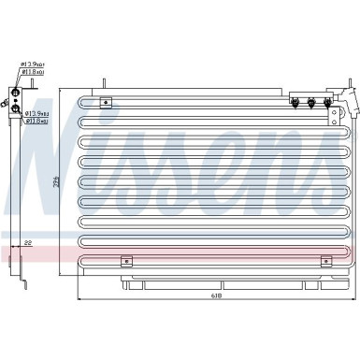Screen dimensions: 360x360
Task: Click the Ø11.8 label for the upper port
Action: [x=35, y=72]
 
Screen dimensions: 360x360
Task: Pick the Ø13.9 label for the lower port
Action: [x=36, y=112]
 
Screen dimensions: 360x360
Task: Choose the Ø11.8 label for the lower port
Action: [x=36, y=120]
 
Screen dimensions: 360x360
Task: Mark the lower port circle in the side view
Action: [x=16, y=108]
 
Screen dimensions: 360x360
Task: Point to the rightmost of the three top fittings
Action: [x=326, y=103]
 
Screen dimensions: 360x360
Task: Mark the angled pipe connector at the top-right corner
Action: [x=343, y=97]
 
